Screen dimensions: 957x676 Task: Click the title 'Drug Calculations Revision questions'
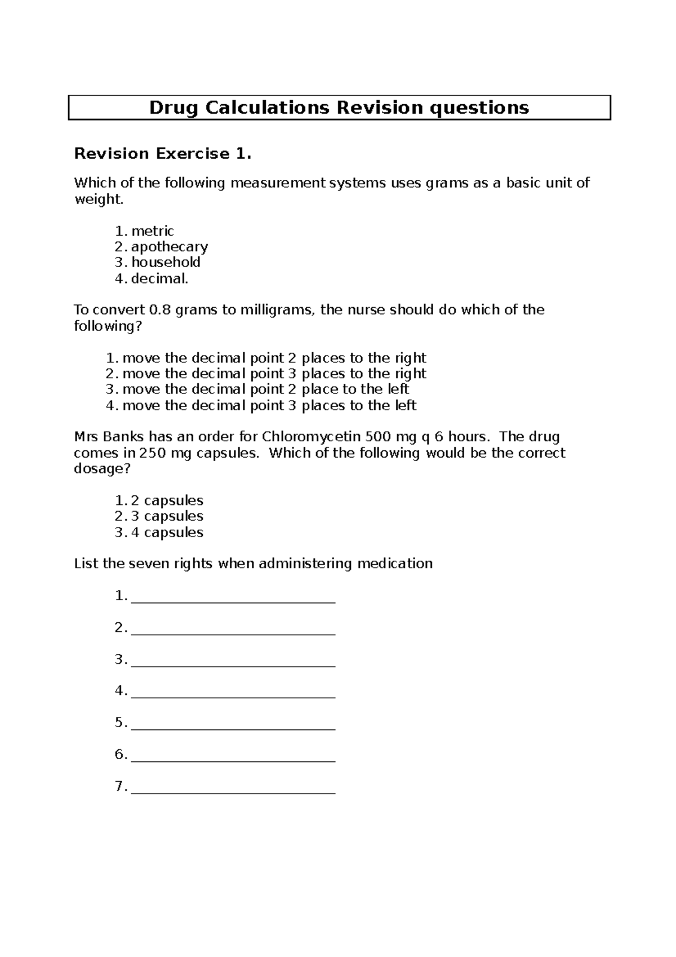pyautogui.click(x=339, y=107)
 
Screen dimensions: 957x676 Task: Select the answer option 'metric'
pyautogui.click(x=153, y=231)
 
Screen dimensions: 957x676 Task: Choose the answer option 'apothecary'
pyautogui.click(x=170, y=247)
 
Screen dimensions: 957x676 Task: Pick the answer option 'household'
pyautogui.click(x=166, y=262)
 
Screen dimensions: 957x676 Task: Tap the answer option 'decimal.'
pyautogui.click(x=159, y=278)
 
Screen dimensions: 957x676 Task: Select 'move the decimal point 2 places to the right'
pyautogui.click(x=274, y=358)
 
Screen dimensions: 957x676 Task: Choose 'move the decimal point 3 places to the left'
pyautogui.click(x=269, y=405)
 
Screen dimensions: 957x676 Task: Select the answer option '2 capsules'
pyautogui.click(x=167, y=500)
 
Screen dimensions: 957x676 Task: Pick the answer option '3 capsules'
pyautogui.click(x=167, y=516)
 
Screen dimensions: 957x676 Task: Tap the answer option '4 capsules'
pyautogui.click(x=167, y=532)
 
